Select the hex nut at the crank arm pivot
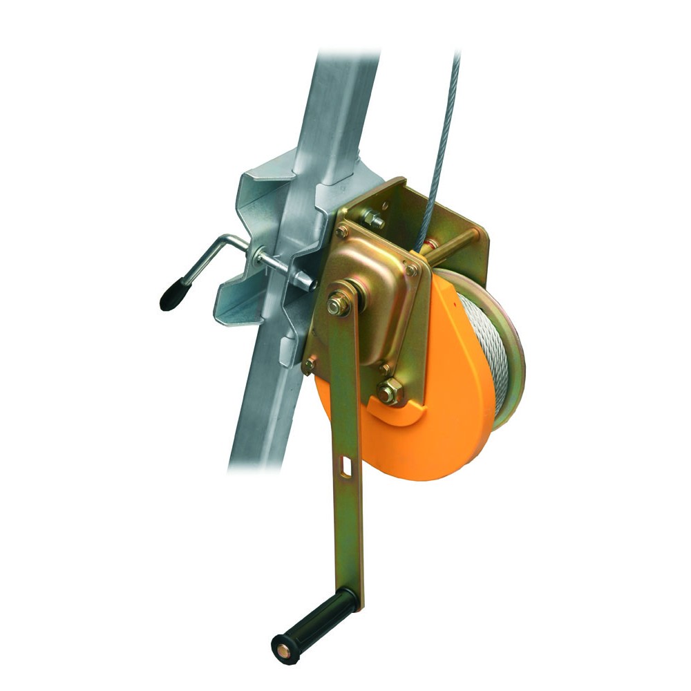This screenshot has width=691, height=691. pos(338,305)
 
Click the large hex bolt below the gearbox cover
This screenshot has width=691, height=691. pos(389,392)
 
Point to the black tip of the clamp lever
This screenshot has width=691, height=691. pos(170,295)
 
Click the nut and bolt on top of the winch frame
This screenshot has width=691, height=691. pos(373,220)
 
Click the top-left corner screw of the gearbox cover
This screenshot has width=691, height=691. pos(341,231)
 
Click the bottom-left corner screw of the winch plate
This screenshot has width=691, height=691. pos(309,364)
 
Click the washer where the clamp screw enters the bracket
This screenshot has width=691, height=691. pos(258,257)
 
